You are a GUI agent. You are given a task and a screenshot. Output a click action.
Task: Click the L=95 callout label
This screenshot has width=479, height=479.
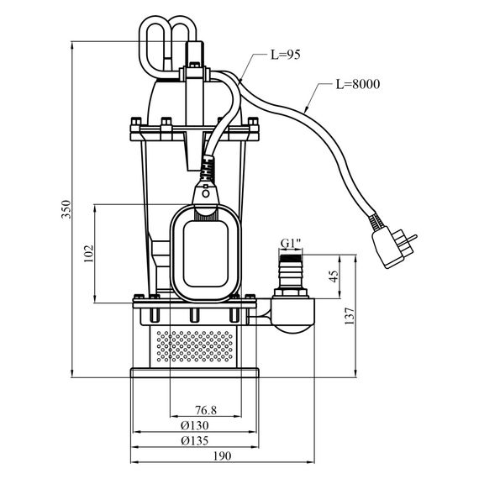tap(286, 55)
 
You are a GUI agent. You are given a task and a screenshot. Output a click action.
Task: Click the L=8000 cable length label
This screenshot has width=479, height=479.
tap(358, 84)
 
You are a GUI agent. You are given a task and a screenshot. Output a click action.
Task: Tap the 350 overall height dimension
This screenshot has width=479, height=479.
tap(66, 209)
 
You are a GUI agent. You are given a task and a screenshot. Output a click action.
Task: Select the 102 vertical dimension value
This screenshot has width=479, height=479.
tap(88, 253)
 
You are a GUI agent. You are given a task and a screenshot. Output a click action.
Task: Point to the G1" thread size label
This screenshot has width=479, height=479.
tap(291, 244)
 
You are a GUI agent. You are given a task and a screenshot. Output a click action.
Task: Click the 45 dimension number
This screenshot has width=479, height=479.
tap(334, 276)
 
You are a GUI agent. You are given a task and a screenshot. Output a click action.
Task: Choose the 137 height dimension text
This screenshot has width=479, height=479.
tap(350, 316)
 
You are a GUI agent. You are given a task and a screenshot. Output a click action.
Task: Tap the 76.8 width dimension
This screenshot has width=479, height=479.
tap(206, 410)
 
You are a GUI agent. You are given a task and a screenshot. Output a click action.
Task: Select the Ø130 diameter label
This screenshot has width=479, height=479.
tap(195, 425)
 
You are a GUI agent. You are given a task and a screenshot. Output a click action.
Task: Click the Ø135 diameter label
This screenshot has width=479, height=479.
tap(195, 440)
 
